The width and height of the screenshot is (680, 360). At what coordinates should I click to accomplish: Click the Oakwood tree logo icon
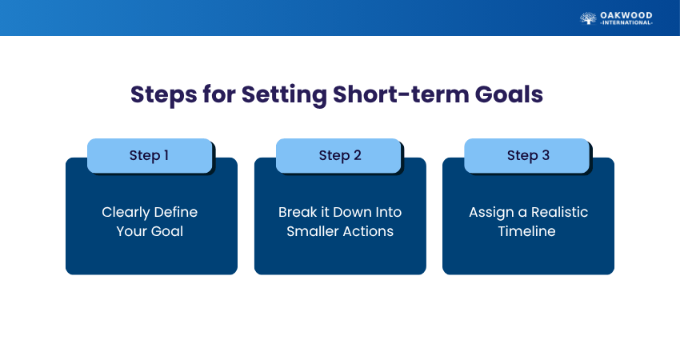588,18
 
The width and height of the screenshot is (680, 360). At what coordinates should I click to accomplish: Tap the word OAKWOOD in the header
626,16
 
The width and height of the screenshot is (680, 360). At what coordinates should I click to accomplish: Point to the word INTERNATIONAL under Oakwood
626,23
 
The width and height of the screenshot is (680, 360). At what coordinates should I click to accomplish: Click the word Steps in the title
163,95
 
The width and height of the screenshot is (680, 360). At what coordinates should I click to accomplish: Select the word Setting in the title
284,95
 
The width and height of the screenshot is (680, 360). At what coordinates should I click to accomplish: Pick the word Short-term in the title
401,94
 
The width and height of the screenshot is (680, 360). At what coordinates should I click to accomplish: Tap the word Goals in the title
509,94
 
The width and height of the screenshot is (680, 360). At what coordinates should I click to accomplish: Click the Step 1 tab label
149,156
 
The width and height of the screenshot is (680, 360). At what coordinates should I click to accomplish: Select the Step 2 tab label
340,156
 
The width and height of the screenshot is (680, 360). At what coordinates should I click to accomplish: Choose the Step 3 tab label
528,156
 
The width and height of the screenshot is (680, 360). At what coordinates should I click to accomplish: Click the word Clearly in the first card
126,213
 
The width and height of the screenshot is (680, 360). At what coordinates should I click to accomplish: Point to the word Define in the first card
176,212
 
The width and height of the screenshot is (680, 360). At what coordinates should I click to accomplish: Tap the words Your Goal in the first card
150,231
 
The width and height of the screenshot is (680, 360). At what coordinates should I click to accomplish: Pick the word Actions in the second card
367,231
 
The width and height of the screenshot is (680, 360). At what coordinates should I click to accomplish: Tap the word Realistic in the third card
559,212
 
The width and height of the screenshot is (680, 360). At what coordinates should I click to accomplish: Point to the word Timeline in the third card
527,231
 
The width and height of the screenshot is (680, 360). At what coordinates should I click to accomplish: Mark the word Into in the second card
389,212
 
